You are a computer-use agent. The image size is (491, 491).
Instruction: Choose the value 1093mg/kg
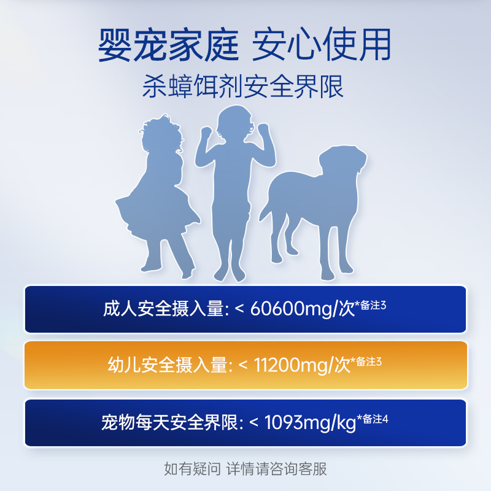tap(302, 422)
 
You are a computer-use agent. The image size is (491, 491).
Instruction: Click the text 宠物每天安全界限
tap(172, 422)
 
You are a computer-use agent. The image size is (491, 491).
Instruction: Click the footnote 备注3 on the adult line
tap(373, 305)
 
